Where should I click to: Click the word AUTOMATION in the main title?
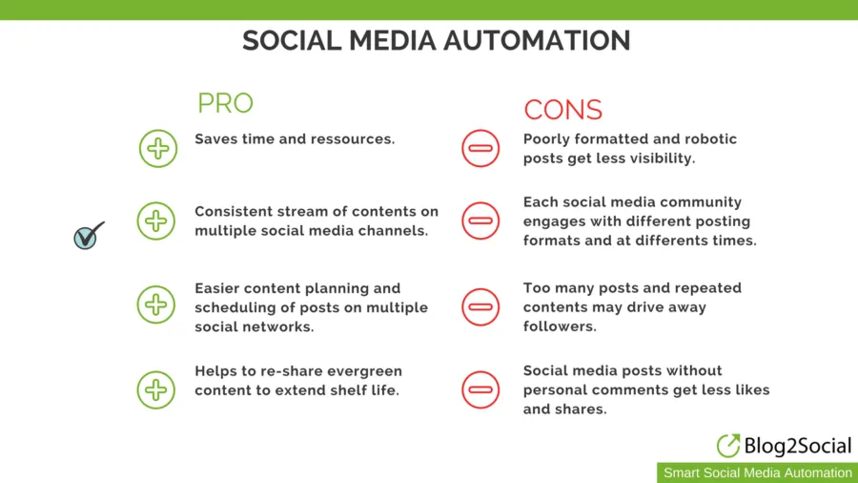(x=537, y=40)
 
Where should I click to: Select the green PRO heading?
(x=225, y=103)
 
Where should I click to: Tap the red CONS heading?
(x=563, y=110)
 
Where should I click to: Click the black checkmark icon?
(x=89, y=236)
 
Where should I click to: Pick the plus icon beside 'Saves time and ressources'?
(x=158, y=148)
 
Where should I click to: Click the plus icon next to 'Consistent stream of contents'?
(x=156, y=221)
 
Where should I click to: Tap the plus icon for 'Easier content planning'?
(x=156, y=304)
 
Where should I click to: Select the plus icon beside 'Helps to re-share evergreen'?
(x=156, y=389)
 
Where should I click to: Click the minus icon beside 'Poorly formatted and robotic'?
(x=480, y=148)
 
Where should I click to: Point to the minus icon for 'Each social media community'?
(x=480, y=220)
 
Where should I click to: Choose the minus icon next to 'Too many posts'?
(x=480, y=306)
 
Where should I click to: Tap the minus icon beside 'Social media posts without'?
(x=480, y=389)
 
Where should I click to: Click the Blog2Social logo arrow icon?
(x=728, y=445)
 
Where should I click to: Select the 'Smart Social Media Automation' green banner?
(x=757, y=472)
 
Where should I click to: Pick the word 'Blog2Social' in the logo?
(x=798, y=446)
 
